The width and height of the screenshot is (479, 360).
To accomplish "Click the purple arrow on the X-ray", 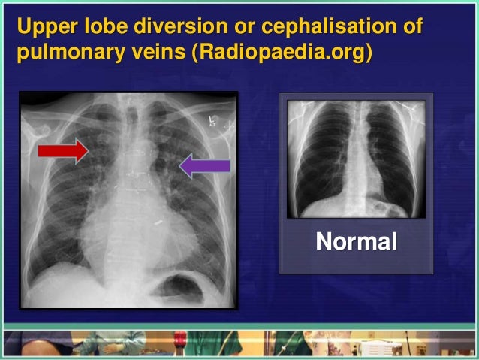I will tap(203, 166).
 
